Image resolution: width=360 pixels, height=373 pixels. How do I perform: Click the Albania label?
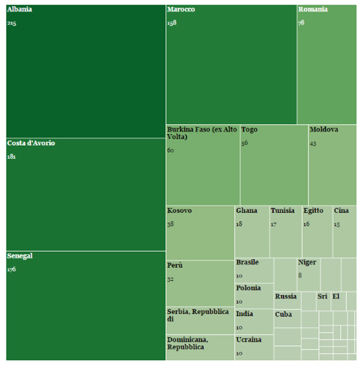[x=19, y=10]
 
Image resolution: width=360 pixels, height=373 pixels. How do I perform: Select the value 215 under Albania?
[x=11, y=23]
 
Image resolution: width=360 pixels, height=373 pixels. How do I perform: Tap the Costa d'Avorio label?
[x=31, y=143]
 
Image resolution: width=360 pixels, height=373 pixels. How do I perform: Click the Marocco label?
[x=181, y=10]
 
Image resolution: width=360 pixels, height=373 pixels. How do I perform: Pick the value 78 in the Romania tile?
[x=301, y=23]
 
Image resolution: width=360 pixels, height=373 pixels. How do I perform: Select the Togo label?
[x=249, y=130]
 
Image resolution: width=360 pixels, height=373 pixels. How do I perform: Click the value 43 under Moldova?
[x=313, y=144]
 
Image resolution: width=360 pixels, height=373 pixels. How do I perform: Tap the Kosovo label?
[x=179, y=211]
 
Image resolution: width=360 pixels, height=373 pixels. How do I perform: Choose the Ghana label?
[x=246, y=211]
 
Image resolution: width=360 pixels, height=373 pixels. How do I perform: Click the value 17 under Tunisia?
[x=273, y=224]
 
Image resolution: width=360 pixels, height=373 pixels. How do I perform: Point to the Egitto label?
[x=313, y=211]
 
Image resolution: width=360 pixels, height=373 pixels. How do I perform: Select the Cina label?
[x=341, y=211]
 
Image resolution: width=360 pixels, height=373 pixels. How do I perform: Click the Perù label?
[x=175, y=265]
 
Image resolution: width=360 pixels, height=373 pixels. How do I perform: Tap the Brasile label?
[x=247, y=262]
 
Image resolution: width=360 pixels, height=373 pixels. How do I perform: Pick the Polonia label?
[x=249, y=288]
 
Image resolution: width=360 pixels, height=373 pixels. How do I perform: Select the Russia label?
[x=286, y=296]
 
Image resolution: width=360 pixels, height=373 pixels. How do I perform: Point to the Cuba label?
[x=283, y=314]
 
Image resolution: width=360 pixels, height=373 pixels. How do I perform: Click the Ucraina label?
[x=249, y=340]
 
